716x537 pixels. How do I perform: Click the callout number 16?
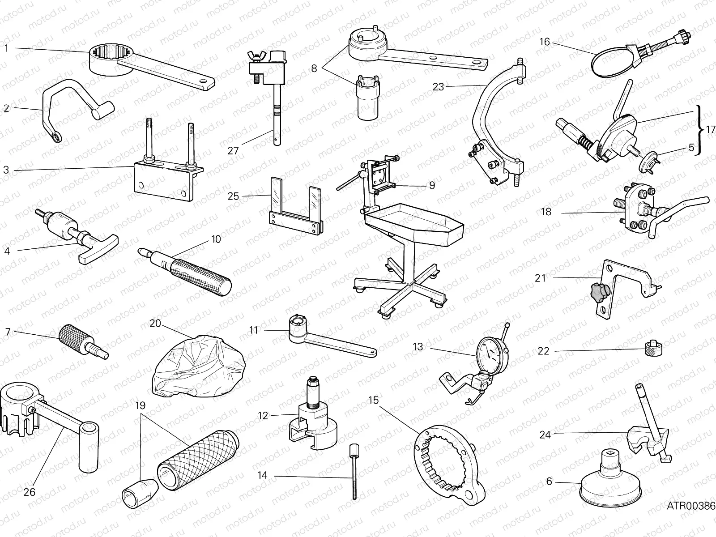pos(545,42)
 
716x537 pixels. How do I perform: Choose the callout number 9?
pos(432,185)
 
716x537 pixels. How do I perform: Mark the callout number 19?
pos(140,406)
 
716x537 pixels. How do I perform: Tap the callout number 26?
pos(30,492)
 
